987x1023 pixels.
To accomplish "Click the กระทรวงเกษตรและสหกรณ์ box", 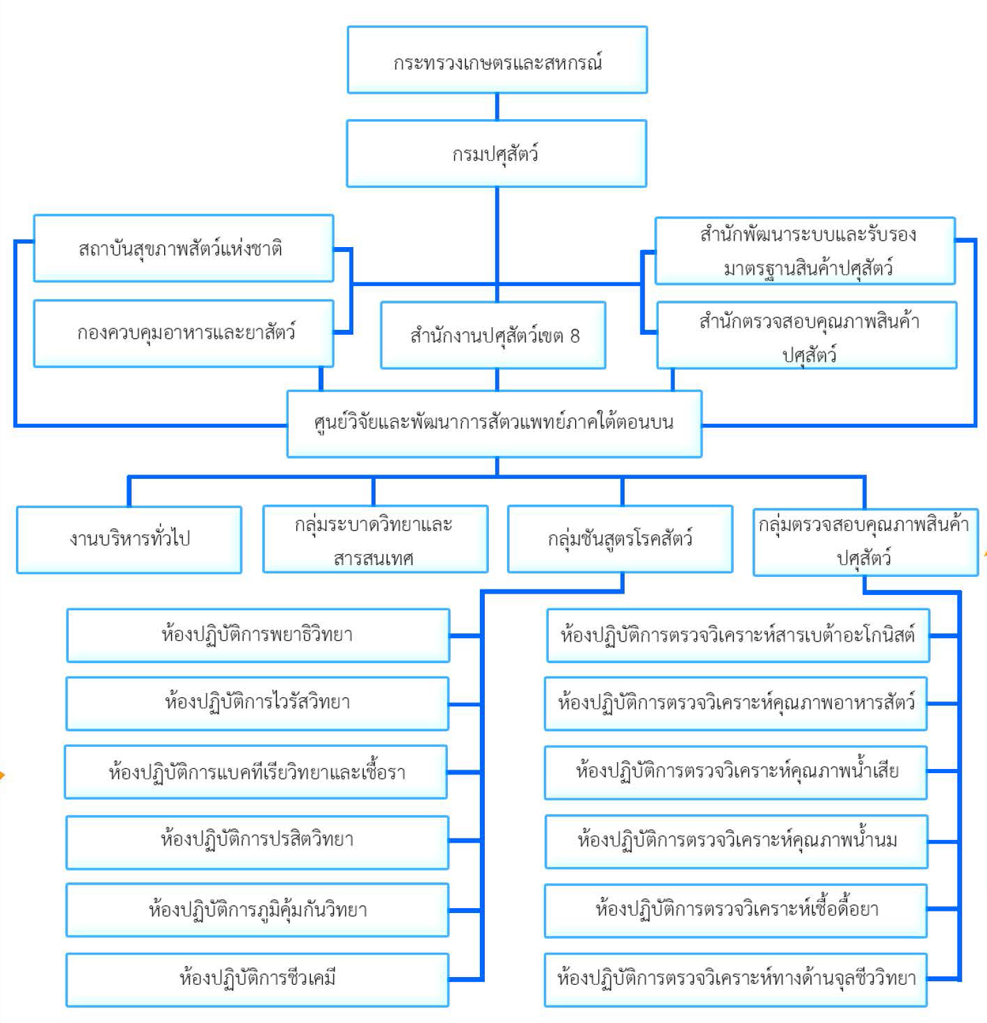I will click(497, 61).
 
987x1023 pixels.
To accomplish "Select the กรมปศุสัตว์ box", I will click(497, 154).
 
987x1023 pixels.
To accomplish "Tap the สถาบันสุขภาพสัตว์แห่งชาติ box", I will click(184, 248).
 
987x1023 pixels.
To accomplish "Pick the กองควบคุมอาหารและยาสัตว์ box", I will click(184, 333).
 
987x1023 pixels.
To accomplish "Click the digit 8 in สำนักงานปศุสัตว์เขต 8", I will click(575, 336).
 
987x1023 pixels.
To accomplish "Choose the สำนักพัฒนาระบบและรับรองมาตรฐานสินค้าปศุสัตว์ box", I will click(805, 251).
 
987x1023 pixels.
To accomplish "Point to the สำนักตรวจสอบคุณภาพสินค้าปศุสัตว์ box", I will click(807, 335).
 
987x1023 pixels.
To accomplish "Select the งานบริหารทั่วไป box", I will click(129, 540).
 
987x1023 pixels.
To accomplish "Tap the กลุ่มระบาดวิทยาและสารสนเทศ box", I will click(375, 540).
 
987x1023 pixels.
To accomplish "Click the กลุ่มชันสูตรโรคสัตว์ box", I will click(620, 540).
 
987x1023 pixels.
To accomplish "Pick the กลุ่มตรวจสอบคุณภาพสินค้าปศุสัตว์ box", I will click(865, 541).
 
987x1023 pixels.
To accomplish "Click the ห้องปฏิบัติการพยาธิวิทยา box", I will click(258, 635).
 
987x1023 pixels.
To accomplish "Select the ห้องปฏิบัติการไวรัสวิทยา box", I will click(257, 704).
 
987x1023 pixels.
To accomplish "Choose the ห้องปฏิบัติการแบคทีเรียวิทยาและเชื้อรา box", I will click(256, 772).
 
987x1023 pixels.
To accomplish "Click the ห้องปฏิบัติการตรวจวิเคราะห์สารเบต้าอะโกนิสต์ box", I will click(738, 635).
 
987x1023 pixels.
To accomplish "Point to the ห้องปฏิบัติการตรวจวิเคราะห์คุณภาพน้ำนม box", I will click(737, 841).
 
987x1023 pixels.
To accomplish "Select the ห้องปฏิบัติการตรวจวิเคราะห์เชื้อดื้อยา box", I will click(736, 910).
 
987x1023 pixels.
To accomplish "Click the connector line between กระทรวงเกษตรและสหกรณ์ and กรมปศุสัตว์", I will click(497, 106).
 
